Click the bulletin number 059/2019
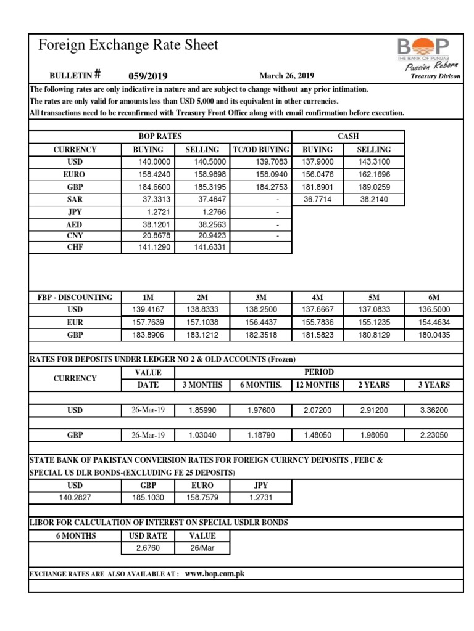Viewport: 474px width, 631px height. point(148,76)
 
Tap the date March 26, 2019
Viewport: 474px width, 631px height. point(287,76)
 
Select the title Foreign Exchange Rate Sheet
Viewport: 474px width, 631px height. point(128,45)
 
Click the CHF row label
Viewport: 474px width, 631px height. point(74,247)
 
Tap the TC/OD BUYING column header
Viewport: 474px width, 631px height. point(260,150)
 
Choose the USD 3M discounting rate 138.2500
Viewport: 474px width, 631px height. point(262,309)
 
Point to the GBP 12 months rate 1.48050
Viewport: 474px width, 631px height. point(318,434)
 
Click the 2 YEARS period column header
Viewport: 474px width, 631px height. point(374,385)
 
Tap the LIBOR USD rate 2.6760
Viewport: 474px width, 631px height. point(148,548)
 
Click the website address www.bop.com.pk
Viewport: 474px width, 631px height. point(215,573)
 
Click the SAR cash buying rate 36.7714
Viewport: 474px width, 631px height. point(317,199)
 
